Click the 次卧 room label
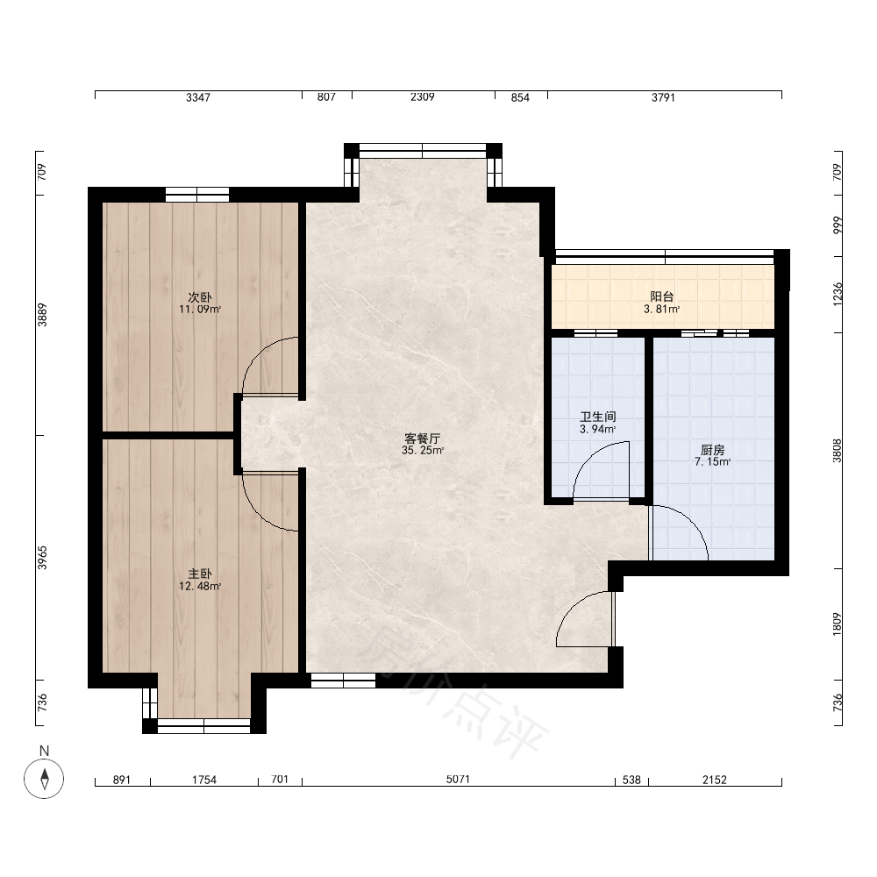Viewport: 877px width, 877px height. [x=200, y=297]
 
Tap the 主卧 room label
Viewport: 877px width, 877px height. [x=200, y=574]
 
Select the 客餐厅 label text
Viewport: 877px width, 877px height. [x=423, y=438]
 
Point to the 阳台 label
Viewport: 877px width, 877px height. [x=661, y=297]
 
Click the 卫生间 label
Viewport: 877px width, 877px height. [x=598, y=417]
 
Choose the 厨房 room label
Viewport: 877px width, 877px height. [x=712, y=450]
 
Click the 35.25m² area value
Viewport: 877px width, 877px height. [x=423, y=451]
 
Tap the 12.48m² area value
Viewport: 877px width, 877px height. [x=200, y=586]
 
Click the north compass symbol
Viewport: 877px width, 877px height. [x=44, y=778]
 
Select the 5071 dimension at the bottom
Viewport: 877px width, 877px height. [x=458, y=779]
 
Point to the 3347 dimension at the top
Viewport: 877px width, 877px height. [x=198, y=97]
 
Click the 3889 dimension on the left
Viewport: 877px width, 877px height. [x=42, y=315]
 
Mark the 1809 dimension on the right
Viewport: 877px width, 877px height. [x=837, y=624]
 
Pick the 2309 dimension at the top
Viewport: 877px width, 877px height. [x=423, y=96]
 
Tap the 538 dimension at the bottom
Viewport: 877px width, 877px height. [x=631, y=780]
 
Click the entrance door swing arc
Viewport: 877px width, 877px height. [x=572, y=606]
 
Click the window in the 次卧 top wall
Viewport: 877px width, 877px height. [x=197, y=195]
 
